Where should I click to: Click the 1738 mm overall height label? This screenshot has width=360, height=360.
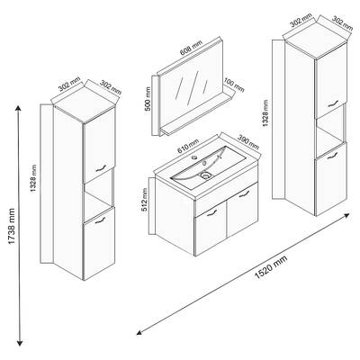[x=12, y=226]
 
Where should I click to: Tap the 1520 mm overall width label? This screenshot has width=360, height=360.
[x=271, y=267]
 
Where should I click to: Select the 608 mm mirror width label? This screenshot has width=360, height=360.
[x=191, y=48]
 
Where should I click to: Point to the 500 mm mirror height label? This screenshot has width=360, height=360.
[x=148, y=99]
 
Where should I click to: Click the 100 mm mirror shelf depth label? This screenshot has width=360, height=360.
[x=234, y=85]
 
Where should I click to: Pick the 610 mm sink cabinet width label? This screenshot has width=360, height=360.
[x=188, y=147]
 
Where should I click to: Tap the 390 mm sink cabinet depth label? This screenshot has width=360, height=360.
[x=248, y=141]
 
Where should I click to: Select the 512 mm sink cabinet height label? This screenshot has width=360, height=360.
[x=145, y=200]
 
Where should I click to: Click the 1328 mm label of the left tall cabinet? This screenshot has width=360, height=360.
[x=33, y=179]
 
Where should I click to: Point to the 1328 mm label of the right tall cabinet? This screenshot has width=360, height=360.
[x=265, y=112]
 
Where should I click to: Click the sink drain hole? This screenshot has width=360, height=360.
[x=205, y=175]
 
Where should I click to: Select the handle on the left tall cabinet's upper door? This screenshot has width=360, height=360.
[x=101, y=168]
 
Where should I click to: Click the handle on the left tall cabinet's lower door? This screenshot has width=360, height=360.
[x=101, y=220]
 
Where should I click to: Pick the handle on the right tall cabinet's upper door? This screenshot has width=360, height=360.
[x=333, y=103]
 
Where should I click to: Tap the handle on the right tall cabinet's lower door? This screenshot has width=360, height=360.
[x=333, y=156]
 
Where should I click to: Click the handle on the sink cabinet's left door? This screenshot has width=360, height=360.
[x=211, y=212]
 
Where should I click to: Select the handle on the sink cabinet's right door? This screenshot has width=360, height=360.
[x=245, y=194]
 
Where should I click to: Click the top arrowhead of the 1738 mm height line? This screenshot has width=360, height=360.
[x=19, y=108]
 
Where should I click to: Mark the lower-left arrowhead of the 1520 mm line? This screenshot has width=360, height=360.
[x=139, y=332]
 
